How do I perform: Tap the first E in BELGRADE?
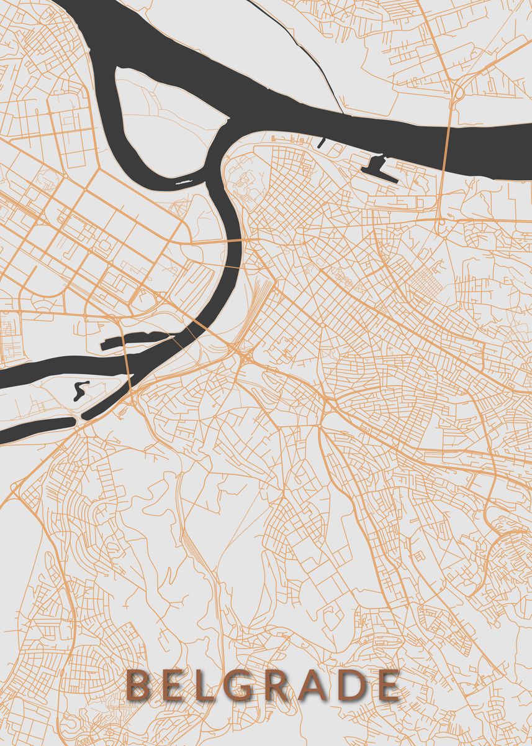(x=174, y=686)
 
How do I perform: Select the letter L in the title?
(x=207, y=686)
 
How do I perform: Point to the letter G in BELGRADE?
(x=243, y=686)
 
